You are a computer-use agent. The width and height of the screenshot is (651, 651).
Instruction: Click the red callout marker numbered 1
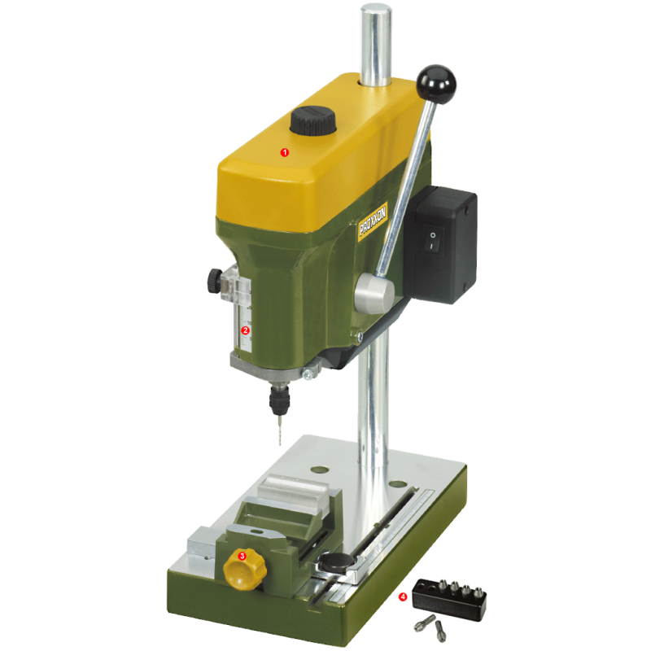tap(284, 151)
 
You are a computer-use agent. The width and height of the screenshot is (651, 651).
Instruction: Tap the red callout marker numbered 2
tap(244, 330)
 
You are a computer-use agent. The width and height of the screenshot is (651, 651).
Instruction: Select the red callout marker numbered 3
tap(241, 555)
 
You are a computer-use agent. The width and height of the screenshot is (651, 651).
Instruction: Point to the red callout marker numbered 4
tap(404, 596)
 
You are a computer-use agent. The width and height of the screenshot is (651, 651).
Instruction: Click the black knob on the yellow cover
tap(312, 122)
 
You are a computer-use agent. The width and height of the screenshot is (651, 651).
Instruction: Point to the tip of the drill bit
tap(278, 443)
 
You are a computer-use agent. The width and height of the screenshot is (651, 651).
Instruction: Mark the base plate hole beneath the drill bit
tap(319, 470)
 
